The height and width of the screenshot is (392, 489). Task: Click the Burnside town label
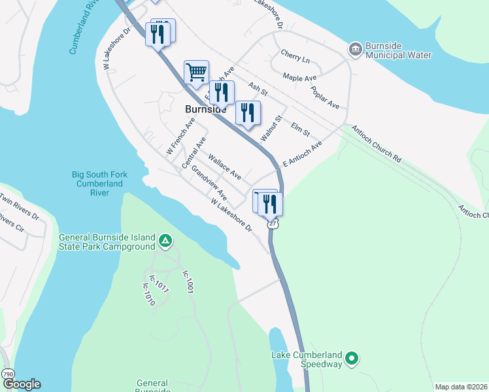tap(202, 110)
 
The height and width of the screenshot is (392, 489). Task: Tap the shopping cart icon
tap(196, 73)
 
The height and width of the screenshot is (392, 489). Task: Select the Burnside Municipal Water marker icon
tap(355, 49)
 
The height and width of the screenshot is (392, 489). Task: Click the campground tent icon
tap(165, 242)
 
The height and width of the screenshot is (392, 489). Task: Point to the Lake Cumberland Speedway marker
tap(352, 358)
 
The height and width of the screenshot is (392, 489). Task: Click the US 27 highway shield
tap(272, 223)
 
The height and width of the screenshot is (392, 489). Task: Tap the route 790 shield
tap(7, 373)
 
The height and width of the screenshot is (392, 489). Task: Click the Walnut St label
tap(270, 127)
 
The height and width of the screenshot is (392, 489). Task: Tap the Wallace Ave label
tap(225, 167)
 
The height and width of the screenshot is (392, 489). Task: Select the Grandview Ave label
tap(209, 186)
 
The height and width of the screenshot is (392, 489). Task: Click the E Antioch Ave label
tap(303, 154)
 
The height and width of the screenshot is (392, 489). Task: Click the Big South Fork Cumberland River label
tap(99, 184)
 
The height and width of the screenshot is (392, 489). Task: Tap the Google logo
tap(22, 384)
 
